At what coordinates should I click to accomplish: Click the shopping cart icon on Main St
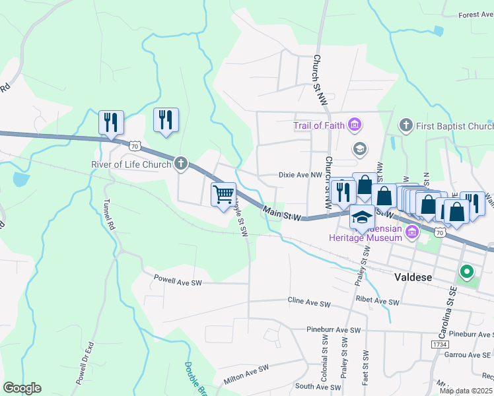tap(223, 193)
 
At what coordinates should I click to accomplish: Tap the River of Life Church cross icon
tap(181, 164)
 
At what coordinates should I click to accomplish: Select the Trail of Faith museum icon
tap(355, 125)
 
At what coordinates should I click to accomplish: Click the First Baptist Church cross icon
tap(406, 125)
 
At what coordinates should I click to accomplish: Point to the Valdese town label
tap(413, 277)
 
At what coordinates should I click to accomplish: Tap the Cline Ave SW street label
tap(309, 302)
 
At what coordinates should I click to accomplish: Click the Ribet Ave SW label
tap(378, 302)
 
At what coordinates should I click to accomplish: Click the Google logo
tap(22, 388)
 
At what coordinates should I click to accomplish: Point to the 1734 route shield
tap(439, 345)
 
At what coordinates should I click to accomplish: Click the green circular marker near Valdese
tap(466, 272)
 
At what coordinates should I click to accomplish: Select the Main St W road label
tap(282, 213)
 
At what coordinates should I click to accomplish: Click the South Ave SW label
tap(317, 386)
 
